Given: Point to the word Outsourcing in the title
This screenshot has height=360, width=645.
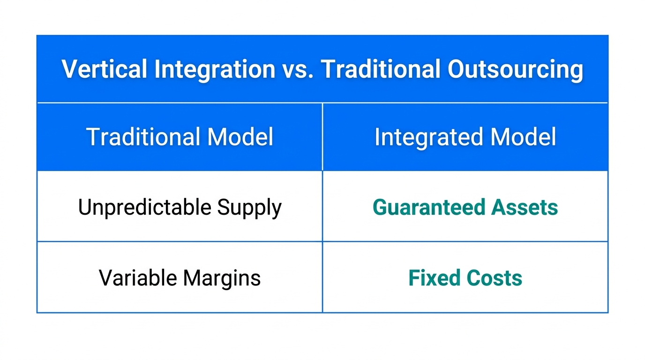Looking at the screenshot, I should point(515,69).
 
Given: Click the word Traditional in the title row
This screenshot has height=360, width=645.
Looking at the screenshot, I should point(380,69).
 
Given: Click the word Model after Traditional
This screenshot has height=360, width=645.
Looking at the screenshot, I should point(240,137).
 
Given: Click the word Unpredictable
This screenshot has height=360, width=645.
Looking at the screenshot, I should point(144,207).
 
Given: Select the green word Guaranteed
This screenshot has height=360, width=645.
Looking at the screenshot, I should point(428,207).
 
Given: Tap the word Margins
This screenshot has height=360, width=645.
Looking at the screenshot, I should point(222,278).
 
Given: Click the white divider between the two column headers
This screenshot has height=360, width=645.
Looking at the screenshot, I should point(322,137).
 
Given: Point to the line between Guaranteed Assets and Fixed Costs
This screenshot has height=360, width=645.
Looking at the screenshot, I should point(465,242).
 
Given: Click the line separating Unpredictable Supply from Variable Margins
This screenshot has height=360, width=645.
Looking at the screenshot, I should point(180,242).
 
